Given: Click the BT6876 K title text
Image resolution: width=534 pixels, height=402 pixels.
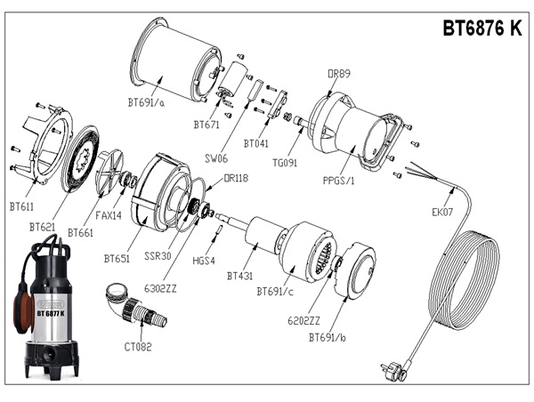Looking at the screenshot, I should pyautogui.click(x=482, y=28).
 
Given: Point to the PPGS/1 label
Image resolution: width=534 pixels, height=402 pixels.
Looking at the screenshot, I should pyautogui.click(x=339, y=181).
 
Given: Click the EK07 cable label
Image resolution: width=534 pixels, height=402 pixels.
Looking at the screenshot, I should pyautogui.click(x=442, y=213).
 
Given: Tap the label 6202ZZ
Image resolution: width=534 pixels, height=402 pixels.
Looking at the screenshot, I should pyautogui.click(x=303, y=319).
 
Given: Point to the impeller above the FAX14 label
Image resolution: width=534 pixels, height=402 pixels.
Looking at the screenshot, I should pyautogui.click(x=113, y=172).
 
